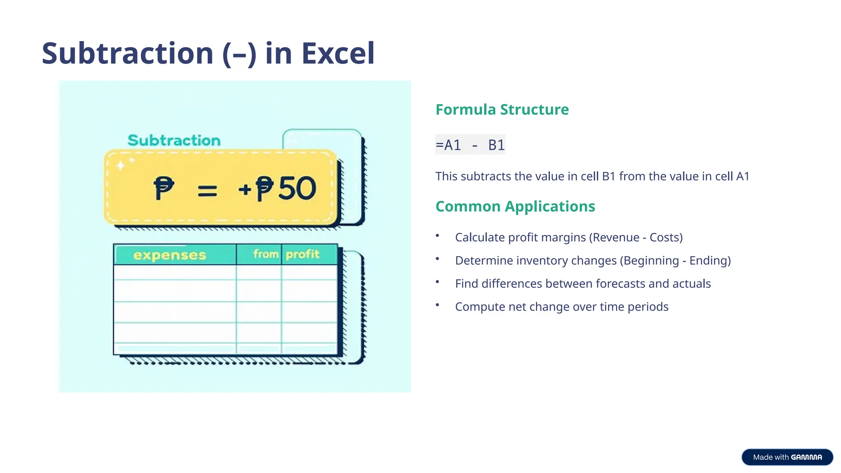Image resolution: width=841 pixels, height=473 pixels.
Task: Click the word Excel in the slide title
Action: (x=338, y=53)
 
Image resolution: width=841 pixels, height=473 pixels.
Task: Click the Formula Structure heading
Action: (x=502, y=110)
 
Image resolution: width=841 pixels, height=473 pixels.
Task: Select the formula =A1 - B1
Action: (x=470, y=145)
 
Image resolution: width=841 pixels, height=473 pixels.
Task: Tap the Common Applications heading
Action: (x=515, y=207)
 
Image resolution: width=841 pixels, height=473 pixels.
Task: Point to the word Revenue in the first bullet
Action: (x=616, y=237)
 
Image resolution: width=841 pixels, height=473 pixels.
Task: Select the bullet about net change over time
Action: (x=561, y=307)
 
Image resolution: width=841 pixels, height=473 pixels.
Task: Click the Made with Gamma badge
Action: (x=787, y=457)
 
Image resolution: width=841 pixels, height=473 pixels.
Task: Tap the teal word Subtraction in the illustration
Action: (x=174, y=140)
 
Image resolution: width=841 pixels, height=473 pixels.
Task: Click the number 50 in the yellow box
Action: (x=297, y=189)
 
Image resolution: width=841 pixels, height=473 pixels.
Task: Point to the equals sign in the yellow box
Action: (x=207, y=191)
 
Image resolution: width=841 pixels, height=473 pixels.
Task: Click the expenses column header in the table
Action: (x=170, y=255)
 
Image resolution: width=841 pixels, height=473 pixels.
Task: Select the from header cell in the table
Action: (x=265, y=254)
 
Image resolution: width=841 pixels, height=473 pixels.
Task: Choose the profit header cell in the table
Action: (x=303, y=255)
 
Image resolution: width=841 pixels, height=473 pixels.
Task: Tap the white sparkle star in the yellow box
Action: (x=121, y=165)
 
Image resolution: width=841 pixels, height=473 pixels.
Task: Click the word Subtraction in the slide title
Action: (x=127, y=53)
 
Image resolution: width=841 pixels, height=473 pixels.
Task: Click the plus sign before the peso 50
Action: (x=245, y=189)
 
